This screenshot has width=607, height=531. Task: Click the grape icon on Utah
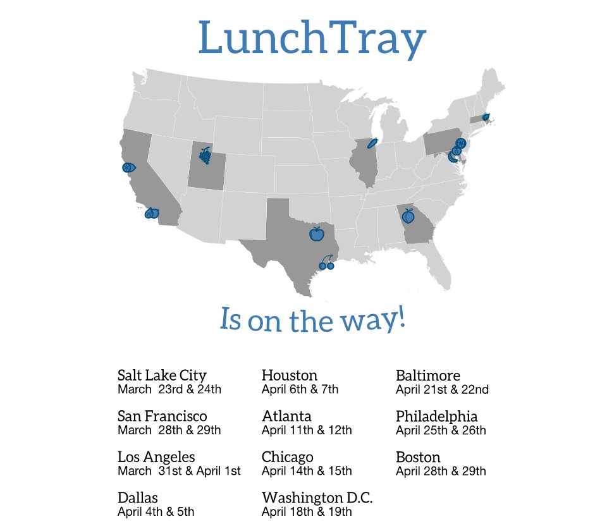(x=205, y=156)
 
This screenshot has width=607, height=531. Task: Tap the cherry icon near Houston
(x=326, y=263)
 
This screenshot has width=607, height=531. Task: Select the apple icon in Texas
(x=316, y=234)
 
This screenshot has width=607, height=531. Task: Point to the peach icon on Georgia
(x=408, y=216)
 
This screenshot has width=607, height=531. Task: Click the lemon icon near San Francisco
(x=128, y=168)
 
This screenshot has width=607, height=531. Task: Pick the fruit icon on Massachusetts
(x=486, y=117)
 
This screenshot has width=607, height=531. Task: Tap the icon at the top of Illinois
(x=372, y=143)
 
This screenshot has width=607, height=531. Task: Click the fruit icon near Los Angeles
(x=152, y=214)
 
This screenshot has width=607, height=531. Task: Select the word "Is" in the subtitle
(x=230, y=319)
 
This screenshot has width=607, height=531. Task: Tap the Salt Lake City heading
(x=162, y=375)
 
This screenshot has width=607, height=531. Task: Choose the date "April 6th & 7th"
(x=300, y=389)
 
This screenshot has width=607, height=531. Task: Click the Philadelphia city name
(x=436, y=417)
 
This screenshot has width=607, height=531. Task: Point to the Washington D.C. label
(x=317, y=497)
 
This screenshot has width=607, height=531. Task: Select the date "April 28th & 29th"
(x=441, y=471)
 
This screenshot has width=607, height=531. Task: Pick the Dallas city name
(x=138, y=497)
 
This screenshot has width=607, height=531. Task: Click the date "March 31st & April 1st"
(x=179, y=471)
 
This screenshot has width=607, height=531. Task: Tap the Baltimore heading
(x=427, y=375)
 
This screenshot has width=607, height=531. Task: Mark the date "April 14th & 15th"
(x=307, y=471)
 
